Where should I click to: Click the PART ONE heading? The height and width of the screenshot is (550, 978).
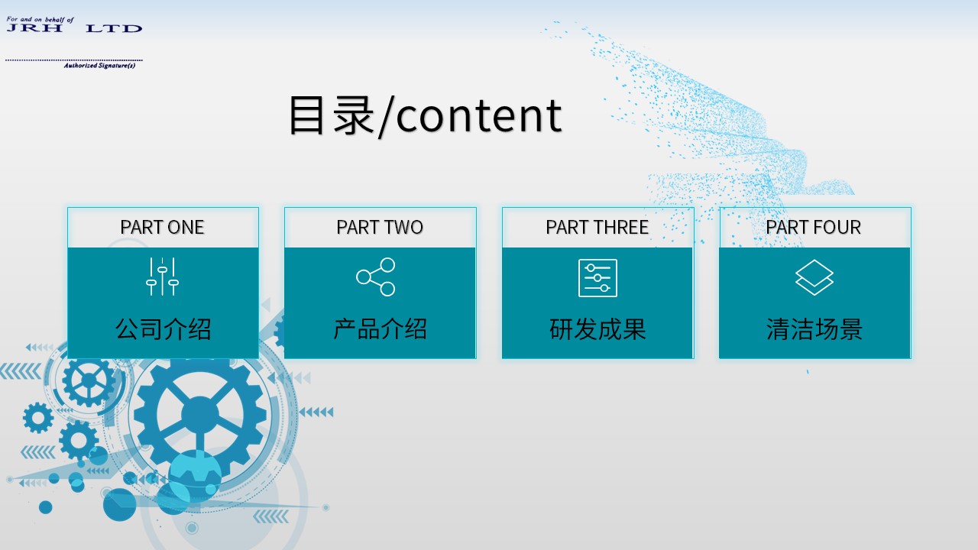click(162, 228)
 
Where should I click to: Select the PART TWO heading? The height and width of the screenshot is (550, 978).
click(380, 228)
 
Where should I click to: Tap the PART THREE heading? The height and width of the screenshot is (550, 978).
click(597, 228)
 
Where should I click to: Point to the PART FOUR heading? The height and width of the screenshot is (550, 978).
click(813, 228)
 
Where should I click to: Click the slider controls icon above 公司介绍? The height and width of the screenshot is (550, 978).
click(163, 277)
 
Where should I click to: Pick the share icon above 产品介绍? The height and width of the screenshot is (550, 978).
click(375, 277)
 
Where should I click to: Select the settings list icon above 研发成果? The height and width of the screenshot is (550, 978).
click(597, 278)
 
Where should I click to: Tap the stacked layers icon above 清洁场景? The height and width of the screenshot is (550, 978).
click(814, 277)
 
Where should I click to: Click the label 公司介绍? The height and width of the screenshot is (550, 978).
click(163, 328)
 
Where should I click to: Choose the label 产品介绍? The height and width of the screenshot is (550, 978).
click(380, 328)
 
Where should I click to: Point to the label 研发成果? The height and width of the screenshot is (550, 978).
click(597, 328)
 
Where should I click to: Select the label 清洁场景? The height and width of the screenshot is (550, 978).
click(814, 328)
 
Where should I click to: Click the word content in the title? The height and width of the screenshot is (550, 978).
click(479, 115)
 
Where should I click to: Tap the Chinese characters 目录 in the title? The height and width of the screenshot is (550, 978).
click(332, 115)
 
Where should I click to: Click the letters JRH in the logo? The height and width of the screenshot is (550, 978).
click(34, 28)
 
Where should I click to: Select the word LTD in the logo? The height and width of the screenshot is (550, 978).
click(114, 29)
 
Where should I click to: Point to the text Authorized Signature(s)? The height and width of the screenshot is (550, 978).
click(99, 66)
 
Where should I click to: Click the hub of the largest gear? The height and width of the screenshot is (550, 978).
click(200, 415)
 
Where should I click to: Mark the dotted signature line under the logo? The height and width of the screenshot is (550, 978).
click(74, 60)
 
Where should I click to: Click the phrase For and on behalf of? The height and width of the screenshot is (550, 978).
click(40, 19)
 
